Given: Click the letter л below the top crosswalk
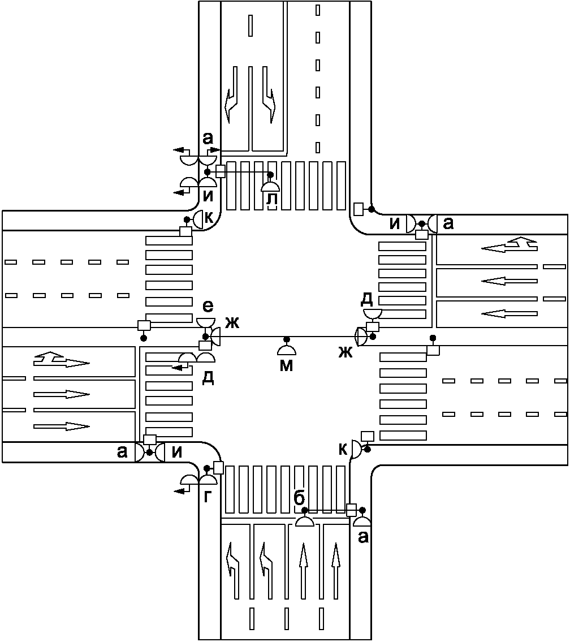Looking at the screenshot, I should pos(271,199).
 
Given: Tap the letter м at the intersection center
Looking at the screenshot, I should pos(287,365).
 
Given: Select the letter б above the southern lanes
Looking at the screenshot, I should pos(300,498).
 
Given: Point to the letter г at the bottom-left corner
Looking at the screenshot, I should pos(208,497).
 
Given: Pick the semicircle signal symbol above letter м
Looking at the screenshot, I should pos(287,349).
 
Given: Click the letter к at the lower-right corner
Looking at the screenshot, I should pos(343,449).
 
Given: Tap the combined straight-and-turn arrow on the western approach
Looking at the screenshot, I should pos(61,360).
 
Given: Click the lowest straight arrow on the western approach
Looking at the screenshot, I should pos(61,425).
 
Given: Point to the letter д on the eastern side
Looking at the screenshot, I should pos(368,298).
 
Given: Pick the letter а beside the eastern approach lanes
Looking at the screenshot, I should pos(448,224).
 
